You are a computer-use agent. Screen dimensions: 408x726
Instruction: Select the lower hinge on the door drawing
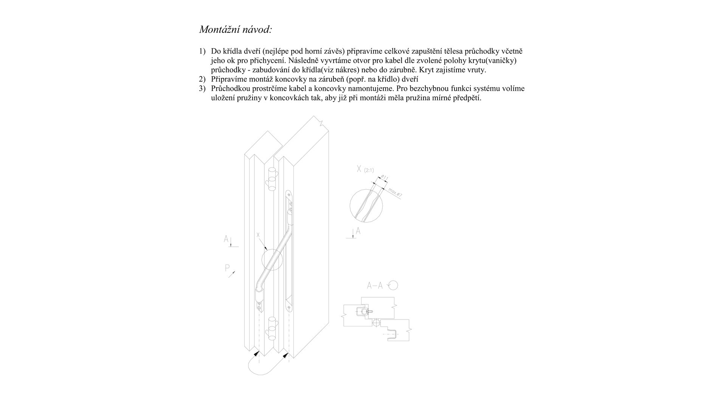(x=271, y=327)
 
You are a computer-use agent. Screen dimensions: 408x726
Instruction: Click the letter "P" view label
(x=227, y=268)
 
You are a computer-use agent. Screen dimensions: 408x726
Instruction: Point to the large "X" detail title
(x=359, y=169)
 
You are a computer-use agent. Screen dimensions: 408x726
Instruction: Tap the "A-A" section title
(x=375, y=286)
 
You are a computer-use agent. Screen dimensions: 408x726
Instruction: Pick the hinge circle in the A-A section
(x=376, y=323)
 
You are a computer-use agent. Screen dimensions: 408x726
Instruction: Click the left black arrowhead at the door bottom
(x=257, y=354)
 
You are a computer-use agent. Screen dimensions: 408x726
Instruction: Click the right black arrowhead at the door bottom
(x=286, y=355)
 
